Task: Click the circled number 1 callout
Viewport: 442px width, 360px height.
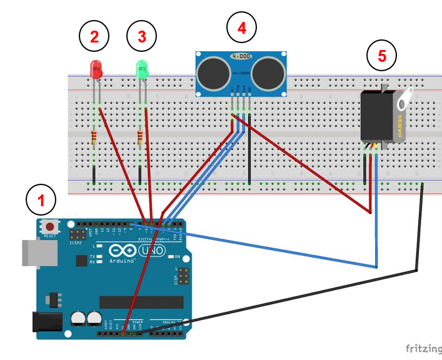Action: pos(41,201)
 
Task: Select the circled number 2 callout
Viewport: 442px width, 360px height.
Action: pos(94,37)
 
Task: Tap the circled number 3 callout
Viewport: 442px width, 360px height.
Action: pos(142,37)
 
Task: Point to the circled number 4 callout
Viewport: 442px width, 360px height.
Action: pos(242,27)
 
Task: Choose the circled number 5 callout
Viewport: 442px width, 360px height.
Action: pos(382,56)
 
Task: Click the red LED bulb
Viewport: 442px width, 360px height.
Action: pos(96,69)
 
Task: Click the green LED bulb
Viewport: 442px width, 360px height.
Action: pos(143,69)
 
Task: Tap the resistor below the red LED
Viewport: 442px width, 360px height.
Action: pos(94,137)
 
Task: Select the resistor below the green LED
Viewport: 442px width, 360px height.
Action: pos(140,137)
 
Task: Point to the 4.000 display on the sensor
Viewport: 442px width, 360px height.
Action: pos(241,56)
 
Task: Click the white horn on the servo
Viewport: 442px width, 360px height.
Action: pos(404,98)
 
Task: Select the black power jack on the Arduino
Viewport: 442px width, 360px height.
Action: pos(48,322)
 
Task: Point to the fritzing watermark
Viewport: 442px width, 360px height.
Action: pos(421,348)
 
